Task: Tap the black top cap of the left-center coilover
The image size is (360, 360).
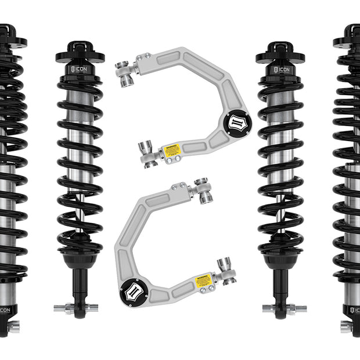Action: tap(80, 51)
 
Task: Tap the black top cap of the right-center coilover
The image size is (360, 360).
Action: tap(280, 51)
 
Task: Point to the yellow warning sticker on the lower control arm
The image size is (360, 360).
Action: tap(203, 281)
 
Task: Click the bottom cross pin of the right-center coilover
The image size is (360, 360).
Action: tap(282, 308)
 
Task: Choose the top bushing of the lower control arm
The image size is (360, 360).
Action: tap(203, 191)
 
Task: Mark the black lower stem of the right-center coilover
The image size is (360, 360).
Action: tap(281, 285)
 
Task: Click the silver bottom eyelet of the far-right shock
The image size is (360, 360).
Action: tap(347, 327)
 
